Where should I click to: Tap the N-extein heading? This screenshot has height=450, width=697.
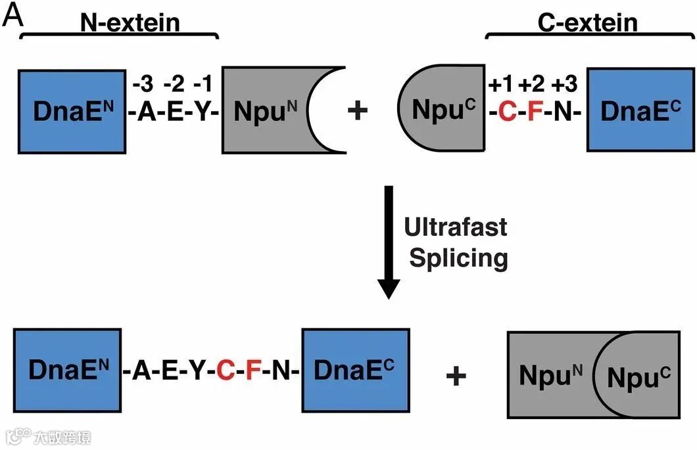[x=130, y=22]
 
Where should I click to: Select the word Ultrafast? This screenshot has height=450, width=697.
[x=456, y=227]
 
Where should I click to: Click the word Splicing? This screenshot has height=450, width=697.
[x=458, y=258]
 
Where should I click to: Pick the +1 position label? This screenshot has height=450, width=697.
[x=501, y=83]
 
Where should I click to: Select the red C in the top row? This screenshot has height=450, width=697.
[x=506, y=112]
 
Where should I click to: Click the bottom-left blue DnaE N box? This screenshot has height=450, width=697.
[x=67, y=372]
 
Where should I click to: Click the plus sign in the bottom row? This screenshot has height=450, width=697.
[x=456, y=375]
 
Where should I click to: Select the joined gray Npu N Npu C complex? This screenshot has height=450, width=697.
[x=594, y=375]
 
